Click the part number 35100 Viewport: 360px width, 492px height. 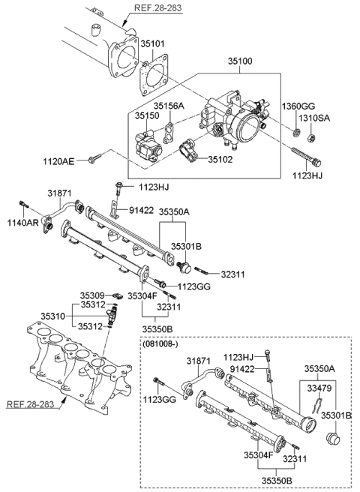(x=240, y=66)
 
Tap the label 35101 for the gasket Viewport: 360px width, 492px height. (x=154, y=44)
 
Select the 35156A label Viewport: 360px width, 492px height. (x=169, y=106)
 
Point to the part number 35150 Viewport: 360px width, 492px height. (x=147, y=116)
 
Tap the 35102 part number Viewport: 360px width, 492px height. (x=220, y=160)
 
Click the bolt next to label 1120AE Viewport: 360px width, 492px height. (x=96, y=159)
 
